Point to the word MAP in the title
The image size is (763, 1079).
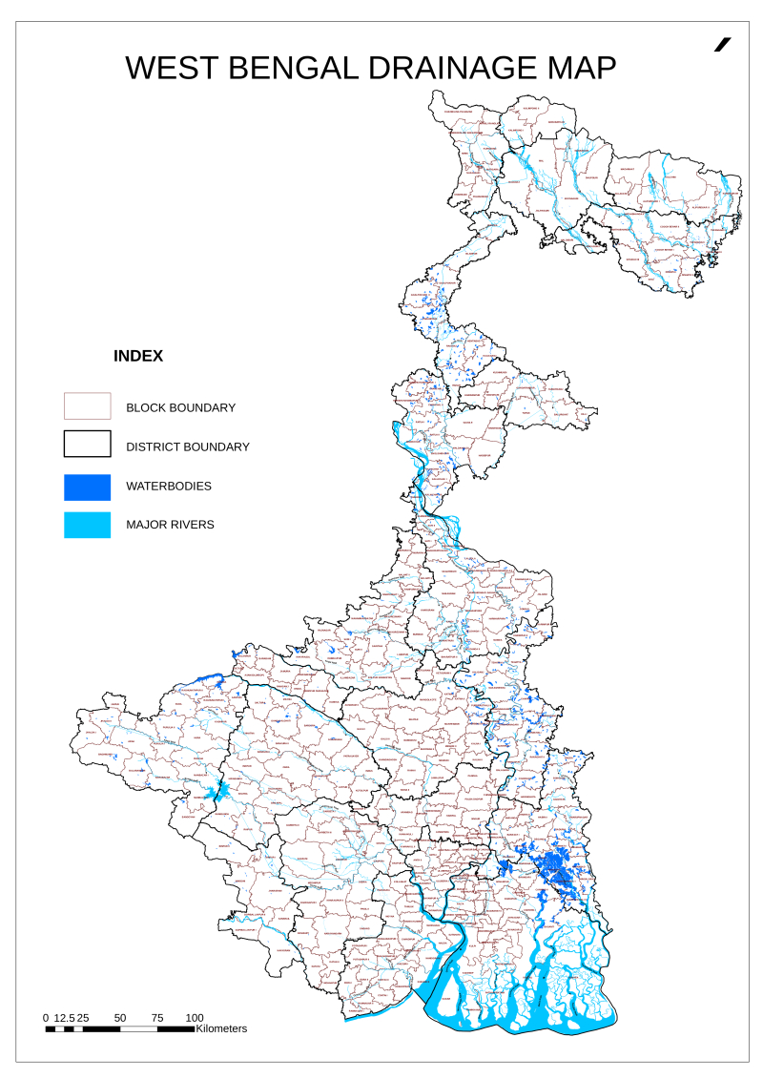(581, 68)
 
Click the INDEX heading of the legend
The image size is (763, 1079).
(138, 357)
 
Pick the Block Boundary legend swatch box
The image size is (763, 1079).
(87, 406)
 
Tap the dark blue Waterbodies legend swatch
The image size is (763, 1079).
(87, 487)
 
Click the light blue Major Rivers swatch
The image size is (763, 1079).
(87, 525)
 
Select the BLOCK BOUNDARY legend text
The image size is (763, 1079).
(180, 407)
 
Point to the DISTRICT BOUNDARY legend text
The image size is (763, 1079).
(188, 446)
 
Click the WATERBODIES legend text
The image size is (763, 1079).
(169, 487)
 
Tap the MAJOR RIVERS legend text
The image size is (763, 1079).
(170, 525)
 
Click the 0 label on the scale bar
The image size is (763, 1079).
(46, 1018)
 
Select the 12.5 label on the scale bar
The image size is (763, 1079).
(64, 1018)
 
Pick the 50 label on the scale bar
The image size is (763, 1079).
(120, 1018)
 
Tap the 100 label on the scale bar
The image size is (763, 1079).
(195, 1018)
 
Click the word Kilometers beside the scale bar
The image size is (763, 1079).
(221, 1028)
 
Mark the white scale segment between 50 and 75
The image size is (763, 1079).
(138, 1028)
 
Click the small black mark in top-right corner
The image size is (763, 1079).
(723, 44)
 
